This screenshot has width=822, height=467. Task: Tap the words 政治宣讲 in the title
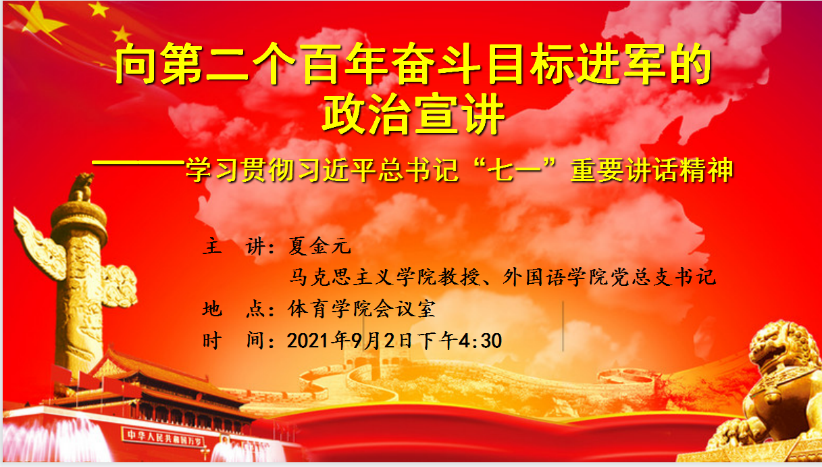[413, 114]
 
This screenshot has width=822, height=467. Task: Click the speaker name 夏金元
[319, 246]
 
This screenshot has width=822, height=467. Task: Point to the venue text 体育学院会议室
[362, 308]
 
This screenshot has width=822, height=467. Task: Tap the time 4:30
[480, 341]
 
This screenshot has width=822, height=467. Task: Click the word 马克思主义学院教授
[384, 277]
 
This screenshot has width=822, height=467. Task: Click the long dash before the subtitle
[138, 162]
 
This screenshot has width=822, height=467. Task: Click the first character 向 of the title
[136, 63]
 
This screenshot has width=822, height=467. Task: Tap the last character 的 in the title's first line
[692, 63]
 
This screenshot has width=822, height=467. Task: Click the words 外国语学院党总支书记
[609, 277]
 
